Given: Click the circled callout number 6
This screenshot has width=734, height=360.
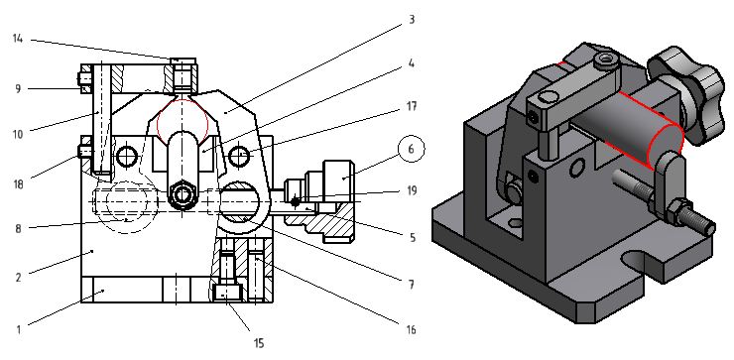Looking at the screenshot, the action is pos(411,149).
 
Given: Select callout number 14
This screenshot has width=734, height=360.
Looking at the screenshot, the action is pos(18,39).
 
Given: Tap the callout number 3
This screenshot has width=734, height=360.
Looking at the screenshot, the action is pos(412,20).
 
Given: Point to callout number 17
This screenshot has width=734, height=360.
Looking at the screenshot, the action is pos(411,107).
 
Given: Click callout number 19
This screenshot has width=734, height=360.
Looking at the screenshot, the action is pos(412,191).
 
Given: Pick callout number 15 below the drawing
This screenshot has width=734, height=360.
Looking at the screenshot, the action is pos(259,343).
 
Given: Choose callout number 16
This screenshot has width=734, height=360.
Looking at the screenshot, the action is pos(411,330).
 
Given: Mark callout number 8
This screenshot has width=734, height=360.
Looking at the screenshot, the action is pos(18,228).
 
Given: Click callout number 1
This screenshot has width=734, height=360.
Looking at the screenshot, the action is pos(19,329).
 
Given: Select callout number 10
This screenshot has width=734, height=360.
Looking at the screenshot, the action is pos(18,134).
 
